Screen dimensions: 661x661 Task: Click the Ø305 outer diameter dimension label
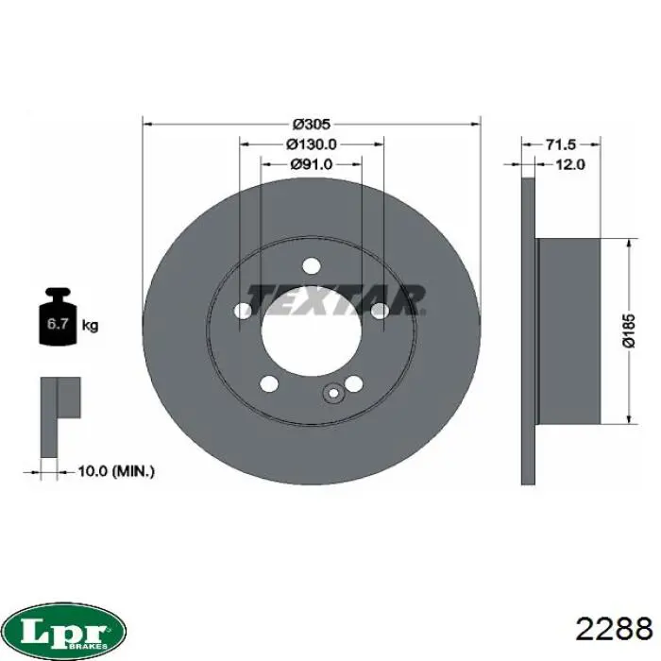(312, 125)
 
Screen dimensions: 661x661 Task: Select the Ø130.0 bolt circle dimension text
(312, 144)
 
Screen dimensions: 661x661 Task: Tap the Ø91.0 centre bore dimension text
(312, 164)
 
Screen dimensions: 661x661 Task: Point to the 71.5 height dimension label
(561, 144)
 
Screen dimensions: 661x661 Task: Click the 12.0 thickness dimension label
(570, 164)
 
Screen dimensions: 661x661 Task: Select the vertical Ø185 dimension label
(629, 330)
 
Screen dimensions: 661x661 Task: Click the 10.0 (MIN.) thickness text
(116, 471)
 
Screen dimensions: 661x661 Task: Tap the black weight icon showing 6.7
(58, 316)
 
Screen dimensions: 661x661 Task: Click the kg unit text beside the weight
(90, 325)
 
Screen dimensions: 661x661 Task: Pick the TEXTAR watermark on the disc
(336, 300)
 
